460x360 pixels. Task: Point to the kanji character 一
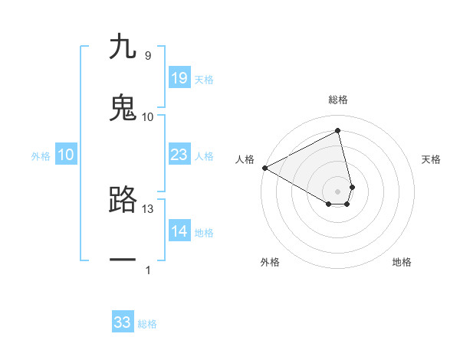pyautogui.click(x=123, y=260)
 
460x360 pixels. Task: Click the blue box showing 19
pyautogui.click(x=179, y=78)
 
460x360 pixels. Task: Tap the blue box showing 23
pyautogui.click(x=179, y=155)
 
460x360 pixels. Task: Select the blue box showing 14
pyautogui.click(x=179, y=231)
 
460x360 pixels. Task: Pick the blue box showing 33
pyautogui.click(x=123, y=322)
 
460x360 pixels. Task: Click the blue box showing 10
pyautogui.click(x=66, y=155)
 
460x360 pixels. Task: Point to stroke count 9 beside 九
pyautogui.click(x=147, y=55)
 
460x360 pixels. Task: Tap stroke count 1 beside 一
pyautogui.click(x=148, y=270)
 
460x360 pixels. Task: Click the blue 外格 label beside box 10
pyautogui.click(x=41, y=155)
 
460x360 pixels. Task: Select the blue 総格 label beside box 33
pyautogui.click(x=147, y=324)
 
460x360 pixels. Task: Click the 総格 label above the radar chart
pyautogui.click(x=338, y=100)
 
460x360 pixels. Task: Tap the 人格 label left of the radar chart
pyautogui.click(x=245, y=159)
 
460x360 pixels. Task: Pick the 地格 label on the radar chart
pyautogui.click(x=402, y=262)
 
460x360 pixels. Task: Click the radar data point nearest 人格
pyautogui.click(x=264, y=168)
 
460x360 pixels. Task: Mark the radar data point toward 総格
pyautogui.click(x=338, y=131)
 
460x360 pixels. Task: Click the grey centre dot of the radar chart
pyautogui.click(x=338, y=191)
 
